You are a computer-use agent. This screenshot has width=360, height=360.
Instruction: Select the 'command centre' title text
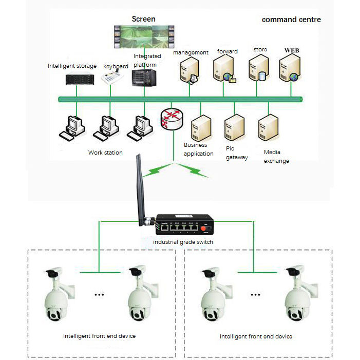(291, 20)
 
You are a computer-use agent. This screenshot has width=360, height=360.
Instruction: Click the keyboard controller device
(112, 78)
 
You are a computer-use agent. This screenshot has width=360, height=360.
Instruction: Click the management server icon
(188, 71)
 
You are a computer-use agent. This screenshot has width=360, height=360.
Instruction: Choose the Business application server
(201, 129)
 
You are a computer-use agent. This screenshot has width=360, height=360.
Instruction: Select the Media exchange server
(268, 128)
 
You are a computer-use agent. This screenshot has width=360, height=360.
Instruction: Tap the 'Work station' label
(105, 153)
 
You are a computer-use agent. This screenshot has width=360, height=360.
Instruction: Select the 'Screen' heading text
(143, 19)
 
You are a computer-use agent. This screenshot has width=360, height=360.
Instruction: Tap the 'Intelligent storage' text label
(72, 66)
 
